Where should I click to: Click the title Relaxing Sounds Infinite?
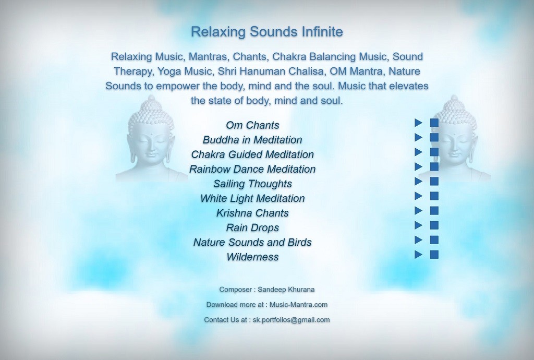click(266, 32)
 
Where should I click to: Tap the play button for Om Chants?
click(418, 123)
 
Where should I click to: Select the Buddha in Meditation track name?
click(252, 140)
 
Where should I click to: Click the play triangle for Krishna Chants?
click(418, 210)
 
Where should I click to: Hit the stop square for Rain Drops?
click(434, 225)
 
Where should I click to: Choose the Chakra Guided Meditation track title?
click(252, 154)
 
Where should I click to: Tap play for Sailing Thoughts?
click(418, 181)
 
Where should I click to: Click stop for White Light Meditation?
click(434, 196)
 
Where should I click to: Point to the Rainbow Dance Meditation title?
click(252, 169)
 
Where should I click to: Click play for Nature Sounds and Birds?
click(418, 240)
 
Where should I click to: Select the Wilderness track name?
click(252, 257)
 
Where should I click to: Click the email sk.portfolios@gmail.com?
click(291, 320)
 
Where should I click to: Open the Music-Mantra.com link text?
click(298, 305)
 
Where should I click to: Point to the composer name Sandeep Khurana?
click(286, 290)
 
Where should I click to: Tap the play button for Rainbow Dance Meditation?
click(418, 166)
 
